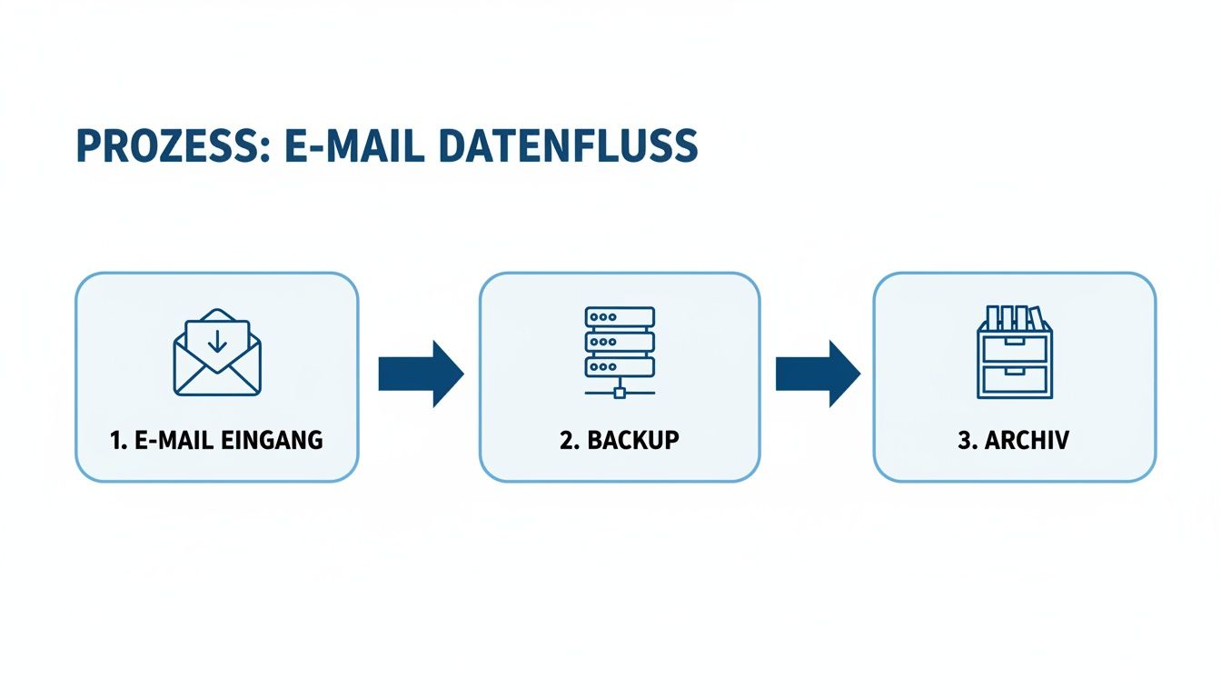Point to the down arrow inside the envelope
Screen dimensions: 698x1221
pyautogui.click(x=217, y=342)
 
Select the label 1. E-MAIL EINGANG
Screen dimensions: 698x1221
pyautogui.click(x=216, y=441)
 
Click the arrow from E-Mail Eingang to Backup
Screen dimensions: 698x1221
pyautogui.click(x=420, y=374)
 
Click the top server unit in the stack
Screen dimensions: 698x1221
pyautogui.click(x=620, y=317)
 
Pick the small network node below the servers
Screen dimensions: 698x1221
pyautogui.click(x=620, y=393)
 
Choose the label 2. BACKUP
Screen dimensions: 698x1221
pyautogui.click(x=620, y=441)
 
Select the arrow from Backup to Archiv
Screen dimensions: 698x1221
pyautogui.click(x=817, y=374)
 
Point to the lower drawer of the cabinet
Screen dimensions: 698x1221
pyautogui.click(x=1014, y=379)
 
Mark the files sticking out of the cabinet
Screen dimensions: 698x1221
pyautogui.click(x=1013, y=317)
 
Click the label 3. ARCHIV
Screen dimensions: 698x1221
pyautogui.click(x=1014, y=441)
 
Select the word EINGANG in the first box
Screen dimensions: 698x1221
pyautogui.click(x=273, y=441)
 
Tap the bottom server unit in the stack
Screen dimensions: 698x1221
pyautogui.click(x=620, y=366)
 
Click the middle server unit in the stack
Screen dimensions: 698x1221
pyautogui.click(x=620, y=342)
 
